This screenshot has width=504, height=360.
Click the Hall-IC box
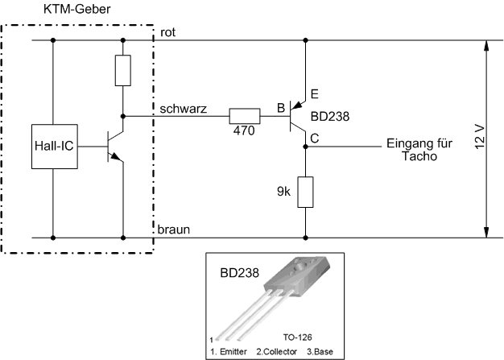click(x=54, y=146)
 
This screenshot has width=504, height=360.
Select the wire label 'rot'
click(x=167, y=32)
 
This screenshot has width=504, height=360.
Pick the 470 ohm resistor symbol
click(x=245, y=115)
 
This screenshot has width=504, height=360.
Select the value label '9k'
click(x=282, y=192)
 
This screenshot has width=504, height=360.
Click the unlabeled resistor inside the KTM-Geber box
click(x=122, y=71)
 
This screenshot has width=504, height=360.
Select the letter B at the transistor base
click(x=280, y=107)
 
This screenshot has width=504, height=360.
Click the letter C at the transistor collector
click(x=314, y=139)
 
